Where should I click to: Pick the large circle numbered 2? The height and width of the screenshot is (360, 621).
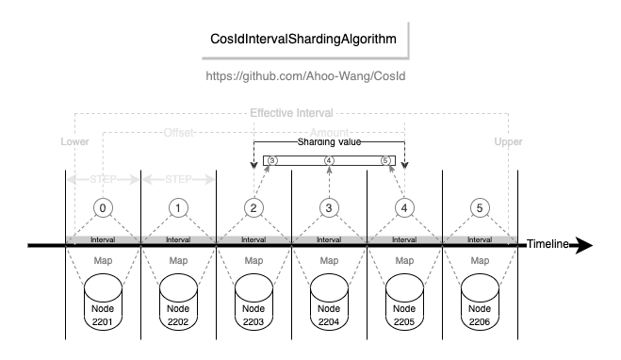[x=253, y=206]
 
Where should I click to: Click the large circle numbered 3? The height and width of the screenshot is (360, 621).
[x=328, y=206]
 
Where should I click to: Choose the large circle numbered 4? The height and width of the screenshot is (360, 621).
[x=403, y=206]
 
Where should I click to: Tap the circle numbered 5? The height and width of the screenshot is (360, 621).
[x=479, y=206]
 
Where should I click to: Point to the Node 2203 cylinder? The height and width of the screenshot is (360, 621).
[x=253, y=301]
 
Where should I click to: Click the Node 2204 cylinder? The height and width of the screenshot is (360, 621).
[x=328, y=301]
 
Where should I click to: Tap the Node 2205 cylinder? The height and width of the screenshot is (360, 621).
[x=403, y=301]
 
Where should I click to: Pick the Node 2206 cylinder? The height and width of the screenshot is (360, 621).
[x=479, y=301]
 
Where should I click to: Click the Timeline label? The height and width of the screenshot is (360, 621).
[x=547, y=244]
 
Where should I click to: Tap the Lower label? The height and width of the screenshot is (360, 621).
[x=74, y=141]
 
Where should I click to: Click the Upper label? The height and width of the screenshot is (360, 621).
[x=508, y=141]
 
